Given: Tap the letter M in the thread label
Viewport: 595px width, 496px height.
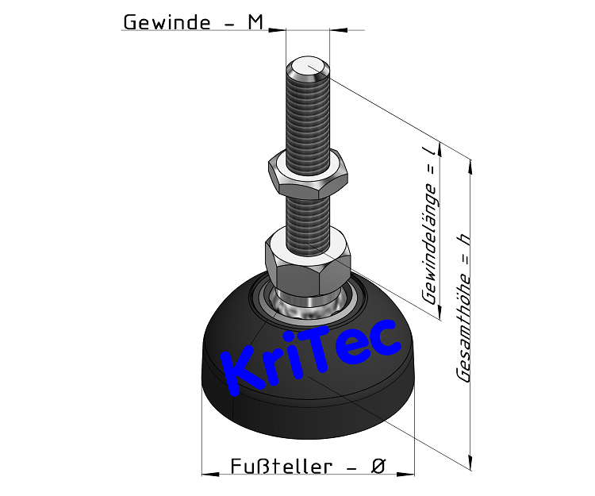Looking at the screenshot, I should pyautogui.click(x=255, y=22).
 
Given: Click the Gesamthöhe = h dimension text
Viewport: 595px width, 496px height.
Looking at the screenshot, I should pyautogui.click(x=463, y=310).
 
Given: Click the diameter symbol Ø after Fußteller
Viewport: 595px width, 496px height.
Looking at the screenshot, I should pyautogui.click(x=378, y=467).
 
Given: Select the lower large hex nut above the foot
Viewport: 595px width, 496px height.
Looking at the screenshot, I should pyautogui.click(x=308, y=259).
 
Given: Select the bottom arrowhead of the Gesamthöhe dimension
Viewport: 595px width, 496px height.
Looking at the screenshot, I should pyautogui.click(x=472, y=462).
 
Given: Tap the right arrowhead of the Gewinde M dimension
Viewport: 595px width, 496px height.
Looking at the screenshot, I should pyautogui.click(x=335, y=30).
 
